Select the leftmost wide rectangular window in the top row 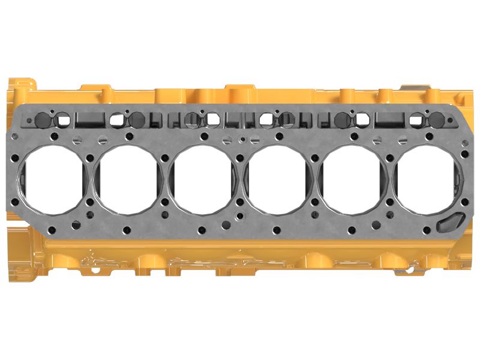pyautogui.click(x=90, y=119)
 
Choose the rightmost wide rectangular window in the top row pyautogui.click(x=390, y=118)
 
